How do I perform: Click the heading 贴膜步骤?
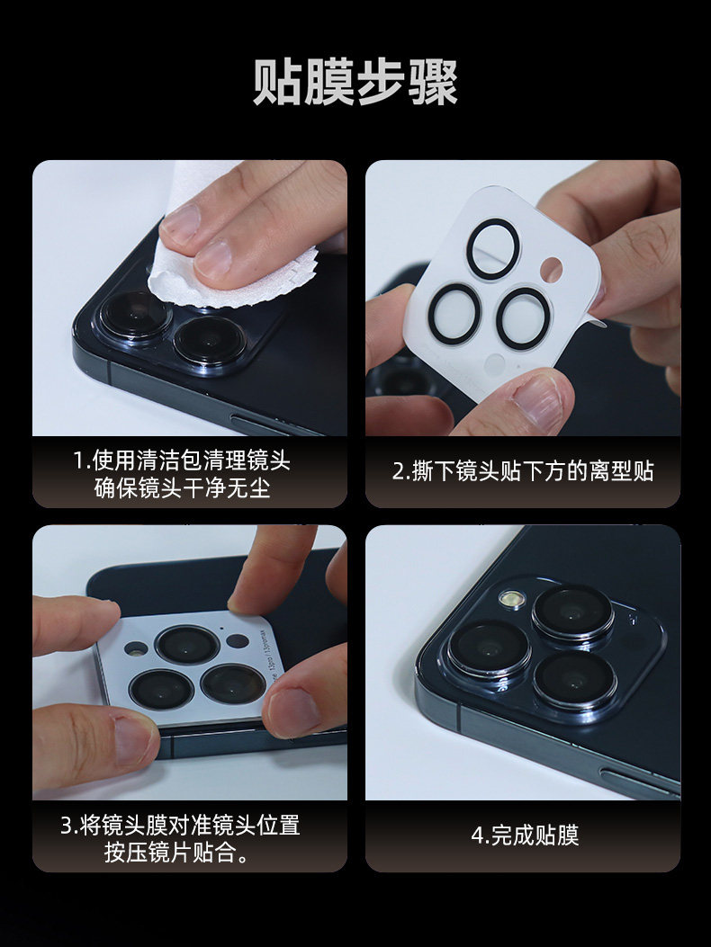(355, 82)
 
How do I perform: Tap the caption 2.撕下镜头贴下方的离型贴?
(523, 471)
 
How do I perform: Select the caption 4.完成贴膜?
(525, 835)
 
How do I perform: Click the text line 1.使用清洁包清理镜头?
(182, 460)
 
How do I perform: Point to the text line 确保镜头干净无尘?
(182, 488)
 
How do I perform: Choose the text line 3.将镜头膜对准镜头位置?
(180, 825)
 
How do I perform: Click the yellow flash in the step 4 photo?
(511, 599)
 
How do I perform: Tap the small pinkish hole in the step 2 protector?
(552, 270)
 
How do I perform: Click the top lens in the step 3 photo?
(187, 645)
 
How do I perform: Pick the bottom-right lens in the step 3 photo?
(233, 683)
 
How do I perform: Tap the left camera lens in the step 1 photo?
(135, 314)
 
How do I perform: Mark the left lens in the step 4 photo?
(489, 650)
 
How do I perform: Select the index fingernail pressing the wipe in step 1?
(212, 258)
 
